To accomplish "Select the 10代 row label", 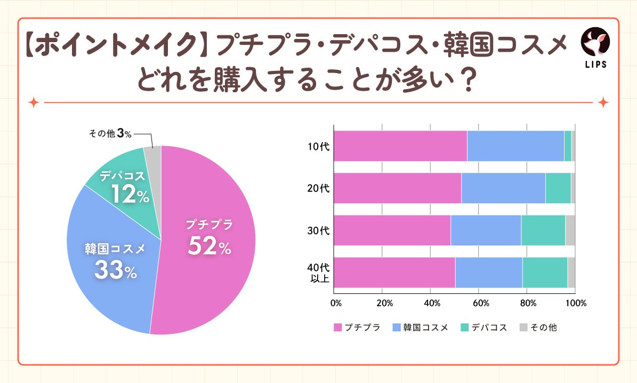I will coord(319,146).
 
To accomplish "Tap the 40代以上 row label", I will coord(319,272).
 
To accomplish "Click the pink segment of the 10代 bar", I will coord(400,146).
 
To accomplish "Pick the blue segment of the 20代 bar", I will coord(503,188).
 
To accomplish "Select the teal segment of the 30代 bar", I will coord(543,230).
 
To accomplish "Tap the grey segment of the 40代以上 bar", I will coord(571,272).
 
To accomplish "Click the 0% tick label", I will coord(336,303).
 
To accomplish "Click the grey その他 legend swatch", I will coord(522,328).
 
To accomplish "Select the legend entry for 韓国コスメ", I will coord(421,328).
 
